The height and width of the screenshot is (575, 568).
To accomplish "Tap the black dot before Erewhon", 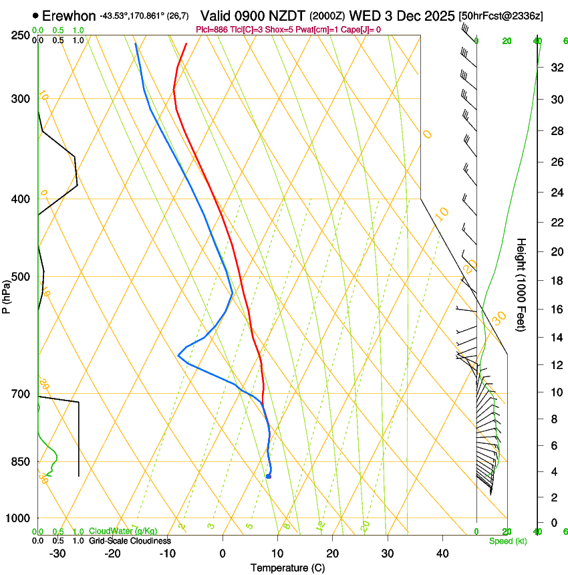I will coord(35,15).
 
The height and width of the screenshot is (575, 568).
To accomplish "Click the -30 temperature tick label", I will coord(57,553).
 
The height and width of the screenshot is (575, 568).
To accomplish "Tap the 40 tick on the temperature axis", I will coord(442,553).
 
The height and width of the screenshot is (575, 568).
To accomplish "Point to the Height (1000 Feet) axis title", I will coord(522,284).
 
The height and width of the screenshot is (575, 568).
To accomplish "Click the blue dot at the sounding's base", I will coord(268,476).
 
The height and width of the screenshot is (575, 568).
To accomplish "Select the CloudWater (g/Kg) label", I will coord(123,531).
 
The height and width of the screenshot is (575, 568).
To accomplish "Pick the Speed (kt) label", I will coord(508,540).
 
